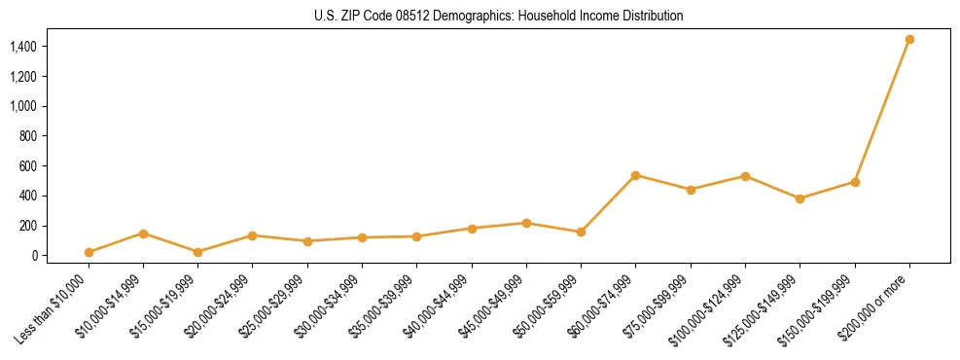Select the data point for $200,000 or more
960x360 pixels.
pyautogui.click(x=909, y=39)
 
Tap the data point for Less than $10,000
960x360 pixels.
pyautogui.click(x=89, y=252)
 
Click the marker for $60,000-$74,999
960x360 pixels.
pyautogui.click(x=635, y=175)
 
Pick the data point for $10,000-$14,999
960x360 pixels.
pyautogui.click(x=143, y=234)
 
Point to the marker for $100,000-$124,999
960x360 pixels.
pyautogui.click(x=745, y=176)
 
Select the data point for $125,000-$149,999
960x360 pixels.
pyautogui.click(x=800, y=198)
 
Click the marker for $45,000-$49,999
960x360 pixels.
pyautogui.click(x=526, y=223)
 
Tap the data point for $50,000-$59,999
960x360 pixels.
pyautogui.click(x=581, y=232)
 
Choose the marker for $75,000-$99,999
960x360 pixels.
pyautogui.click(x=691, y=190)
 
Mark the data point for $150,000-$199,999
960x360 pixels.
pyautogui.click(x=855, y=182)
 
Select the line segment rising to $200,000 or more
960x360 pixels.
pyautogui.click(x=882, y=111)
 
